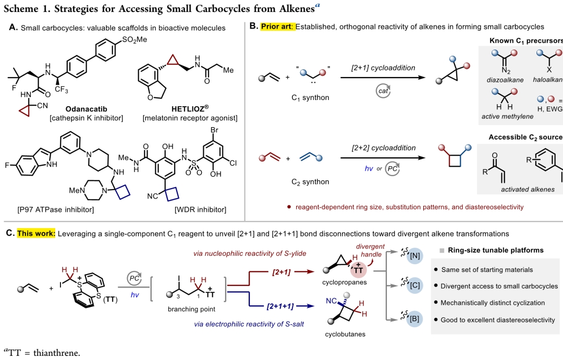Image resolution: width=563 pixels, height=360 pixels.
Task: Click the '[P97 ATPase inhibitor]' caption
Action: click(x=51, y=209)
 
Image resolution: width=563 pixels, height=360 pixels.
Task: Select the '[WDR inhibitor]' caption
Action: click(x=201, y=209)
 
